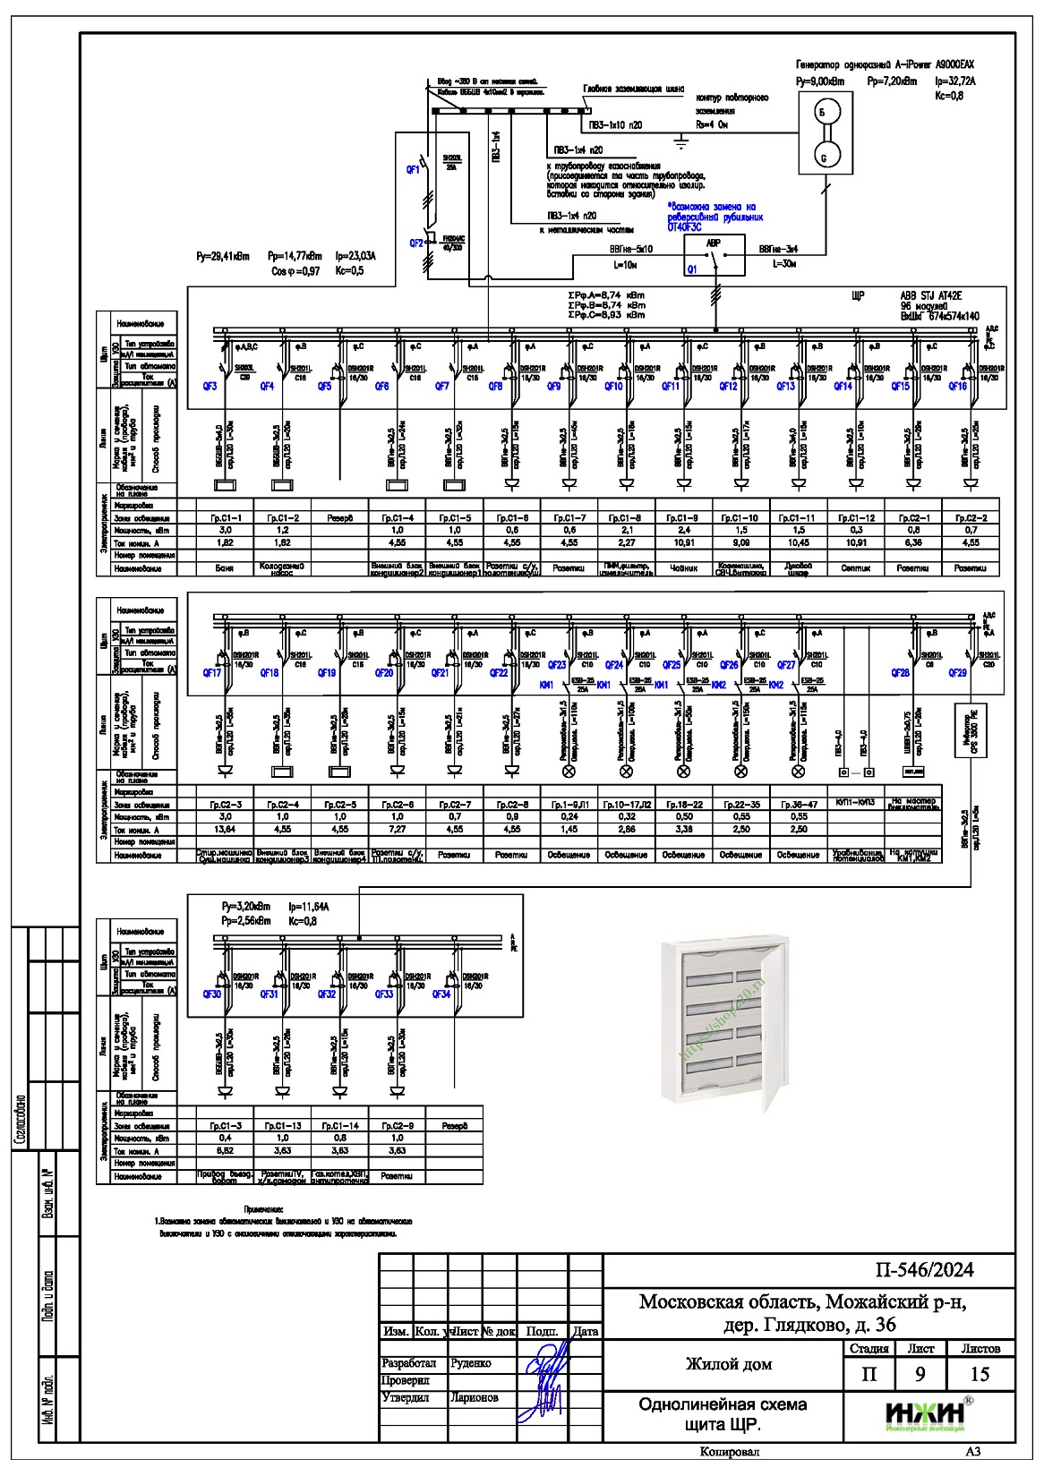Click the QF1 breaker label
tap(413, 169)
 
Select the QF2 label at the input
tap(416, 243)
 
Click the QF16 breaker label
tap(957, 387)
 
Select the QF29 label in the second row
tap(957, 673)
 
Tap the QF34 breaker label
tap(441, 994)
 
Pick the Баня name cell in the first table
tap(226, 568)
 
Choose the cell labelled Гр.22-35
tap(740, 805)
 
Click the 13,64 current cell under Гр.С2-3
tap(226, 830)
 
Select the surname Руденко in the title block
tap(471, 1363)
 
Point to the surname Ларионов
tap(475, 1397)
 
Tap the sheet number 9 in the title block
tap(920, 1375)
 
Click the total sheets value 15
tap(980, 1375)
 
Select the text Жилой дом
tap(728, 1364)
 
